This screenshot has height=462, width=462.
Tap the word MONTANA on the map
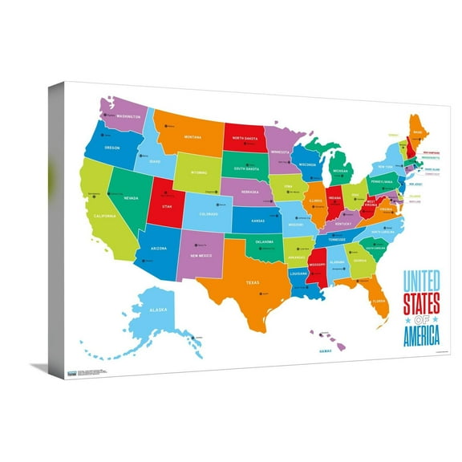click(192, 137)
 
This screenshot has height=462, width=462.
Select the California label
click(104, 216)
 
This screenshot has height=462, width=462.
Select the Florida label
click(379, 302)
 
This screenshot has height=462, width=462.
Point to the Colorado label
click(209, 213)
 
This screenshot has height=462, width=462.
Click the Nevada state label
click(131, 197)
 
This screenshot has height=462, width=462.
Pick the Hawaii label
click(325, 351)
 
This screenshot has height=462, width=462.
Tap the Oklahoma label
click(265, 241)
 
